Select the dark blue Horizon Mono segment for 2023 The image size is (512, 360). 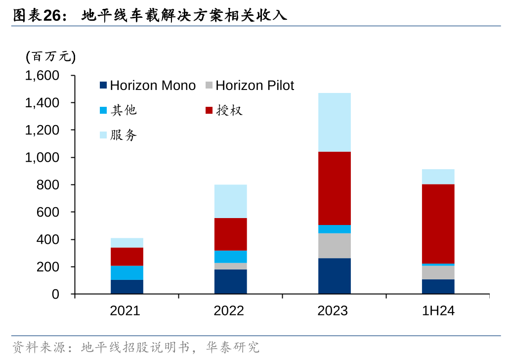335,276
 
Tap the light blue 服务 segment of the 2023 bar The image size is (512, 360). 335,122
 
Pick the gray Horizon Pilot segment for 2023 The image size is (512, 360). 335,246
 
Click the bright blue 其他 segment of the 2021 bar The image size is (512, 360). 127,272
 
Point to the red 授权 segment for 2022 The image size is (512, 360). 231,234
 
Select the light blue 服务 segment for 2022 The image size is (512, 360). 231,201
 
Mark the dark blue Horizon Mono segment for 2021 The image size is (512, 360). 127,287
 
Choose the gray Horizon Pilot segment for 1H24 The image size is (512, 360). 438,272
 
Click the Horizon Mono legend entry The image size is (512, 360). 148,86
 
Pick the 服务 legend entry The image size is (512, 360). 119,135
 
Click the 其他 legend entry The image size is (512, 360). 119,110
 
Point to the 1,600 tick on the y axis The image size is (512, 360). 43,76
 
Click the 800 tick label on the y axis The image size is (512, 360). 48,185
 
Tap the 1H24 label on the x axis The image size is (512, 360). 438,311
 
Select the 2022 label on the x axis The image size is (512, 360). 229,311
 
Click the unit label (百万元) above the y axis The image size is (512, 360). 51,57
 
